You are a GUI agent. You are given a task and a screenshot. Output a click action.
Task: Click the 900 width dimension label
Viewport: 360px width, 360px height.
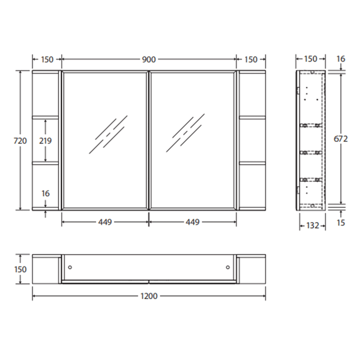[x=149, y=59]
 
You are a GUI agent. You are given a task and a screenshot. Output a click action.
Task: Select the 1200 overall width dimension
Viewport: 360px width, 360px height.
[x=149, y=296]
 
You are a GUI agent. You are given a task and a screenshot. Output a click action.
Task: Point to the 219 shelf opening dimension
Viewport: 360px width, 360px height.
[x=46, y=140]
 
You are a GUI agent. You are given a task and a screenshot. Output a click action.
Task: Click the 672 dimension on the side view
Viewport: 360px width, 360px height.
[x=341, y=138]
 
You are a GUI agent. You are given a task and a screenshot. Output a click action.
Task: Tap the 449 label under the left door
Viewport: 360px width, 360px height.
[x=105, y=222]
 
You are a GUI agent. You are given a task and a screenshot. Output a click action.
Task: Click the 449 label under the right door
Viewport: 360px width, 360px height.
[x=192, y=222]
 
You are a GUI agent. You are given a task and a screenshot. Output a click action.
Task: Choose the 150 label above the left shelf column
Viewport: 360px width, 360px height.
[x=46, y=59]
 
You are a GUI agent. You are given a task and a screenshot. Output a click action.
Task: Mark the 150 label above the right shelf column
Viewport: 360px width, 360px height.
[x=251, y=59]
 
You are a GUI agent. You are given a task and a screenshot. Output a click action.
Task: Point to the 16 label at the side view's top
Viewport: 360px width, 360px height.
[x=341, y=59]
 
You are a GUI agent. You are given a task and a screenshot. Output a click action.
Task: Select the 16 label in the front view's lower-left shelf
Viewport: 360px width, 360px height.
[x=46, y=193]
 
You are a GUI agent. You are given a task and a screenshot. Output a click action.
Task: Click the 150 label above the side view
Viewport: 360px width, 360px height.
[x=311, y=59]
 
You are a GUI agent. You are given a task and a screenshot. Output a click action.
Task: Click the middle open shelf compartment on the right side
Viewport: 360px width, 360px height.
[x=252, y=140]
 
